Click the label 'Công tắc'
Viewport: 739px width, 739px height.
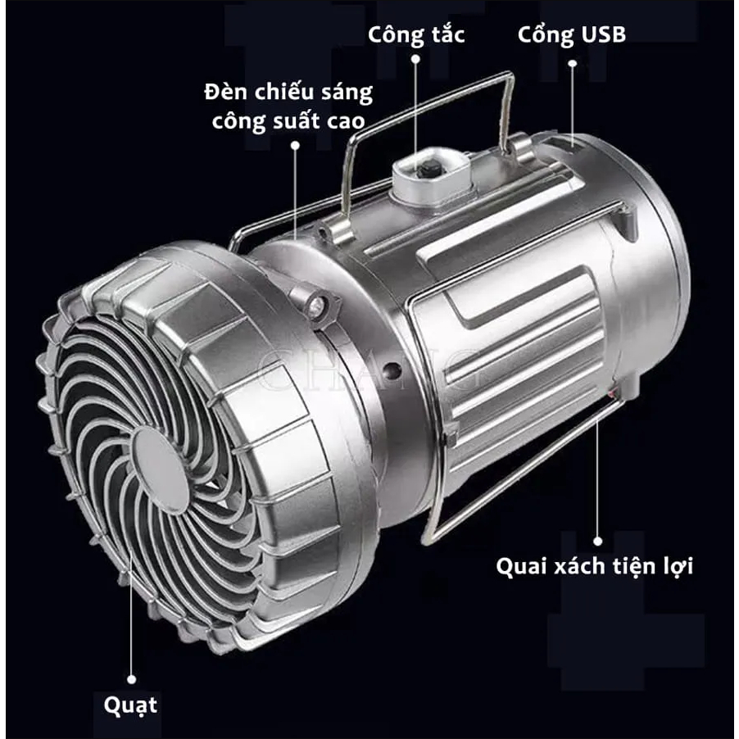416,35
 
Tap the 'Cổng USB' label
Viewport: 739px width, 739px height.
572,34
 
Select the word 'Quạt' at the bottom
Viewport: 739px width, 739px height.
130,705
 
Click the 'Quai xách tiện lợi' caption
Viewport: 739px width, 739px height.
594,565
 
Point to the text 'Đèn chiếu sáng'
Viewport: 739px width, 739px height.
288,92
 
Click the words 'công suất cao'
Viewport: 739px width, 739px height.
288,121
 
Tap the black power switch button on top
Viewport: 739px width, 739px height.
427,169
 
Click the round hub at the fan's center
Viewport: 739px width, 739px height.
159,470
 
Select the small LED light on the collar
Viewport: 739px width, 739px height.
315,306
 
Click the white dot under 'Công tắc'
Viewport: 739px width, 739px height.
415,59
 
